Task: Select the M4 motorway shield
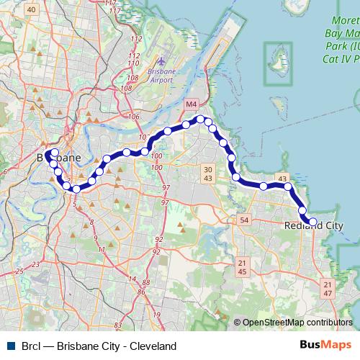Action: [x=192, y=105]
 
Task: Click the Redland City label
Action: [x=312, y=226]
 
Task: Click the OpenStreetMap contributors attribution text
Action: [x=297, y=323]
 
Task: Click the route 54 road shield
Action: [x=245, y=220]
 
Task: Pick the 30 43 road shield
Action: [x=207, y=173]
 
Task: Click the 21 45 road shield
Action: [x=242, y=267]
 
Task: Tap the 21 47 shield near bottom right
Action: [x=328, y=289]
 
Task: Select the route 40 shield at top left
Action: [x=30, y=9]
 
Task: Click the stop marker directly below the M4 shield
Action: [x=201, y=120]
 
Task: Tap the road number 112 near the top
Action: [x=133, y=55]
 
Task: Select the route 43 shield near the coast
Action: [x=282, y=179]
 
